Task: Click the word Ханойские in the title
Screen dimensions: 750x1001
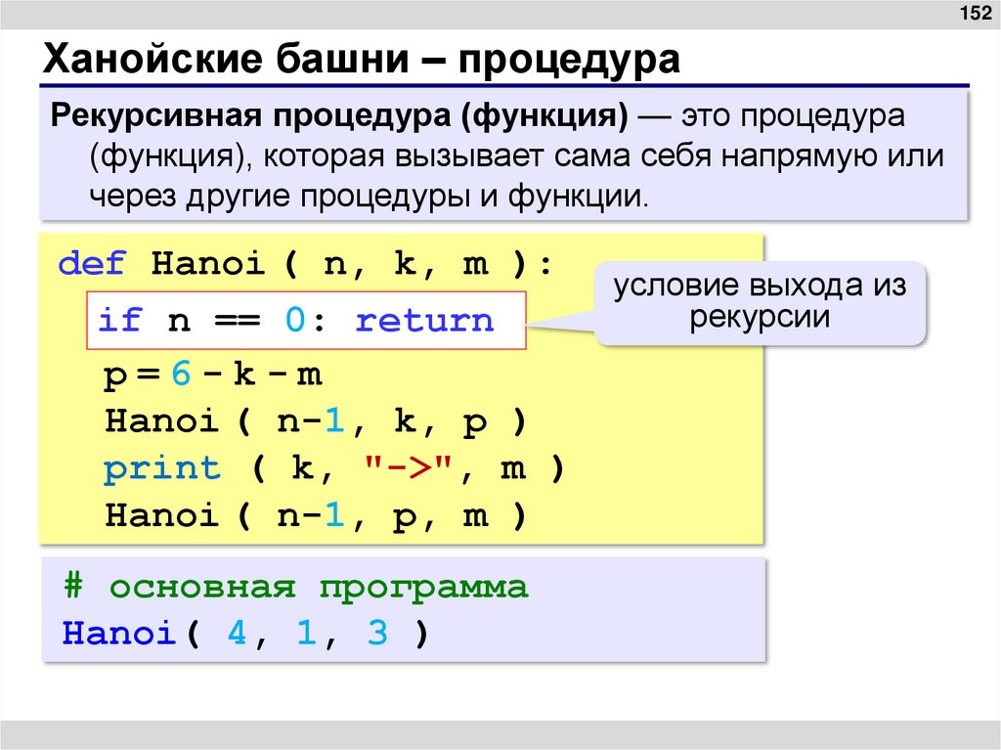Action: (141, 60)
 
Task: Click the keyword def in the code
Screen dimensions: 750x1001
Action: (93, 265)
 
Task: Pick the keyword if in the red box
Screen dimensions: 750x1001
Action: (118, 320)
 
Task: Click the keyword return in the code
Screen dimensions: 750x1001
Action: (424, 320)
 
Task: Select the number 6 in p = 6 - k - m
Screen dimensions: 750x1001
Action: (178, 374)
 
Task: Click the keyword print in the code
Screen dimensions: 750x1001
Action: (162, 468)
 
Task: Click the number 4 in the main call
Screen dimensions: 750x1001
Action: (238, 634)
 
